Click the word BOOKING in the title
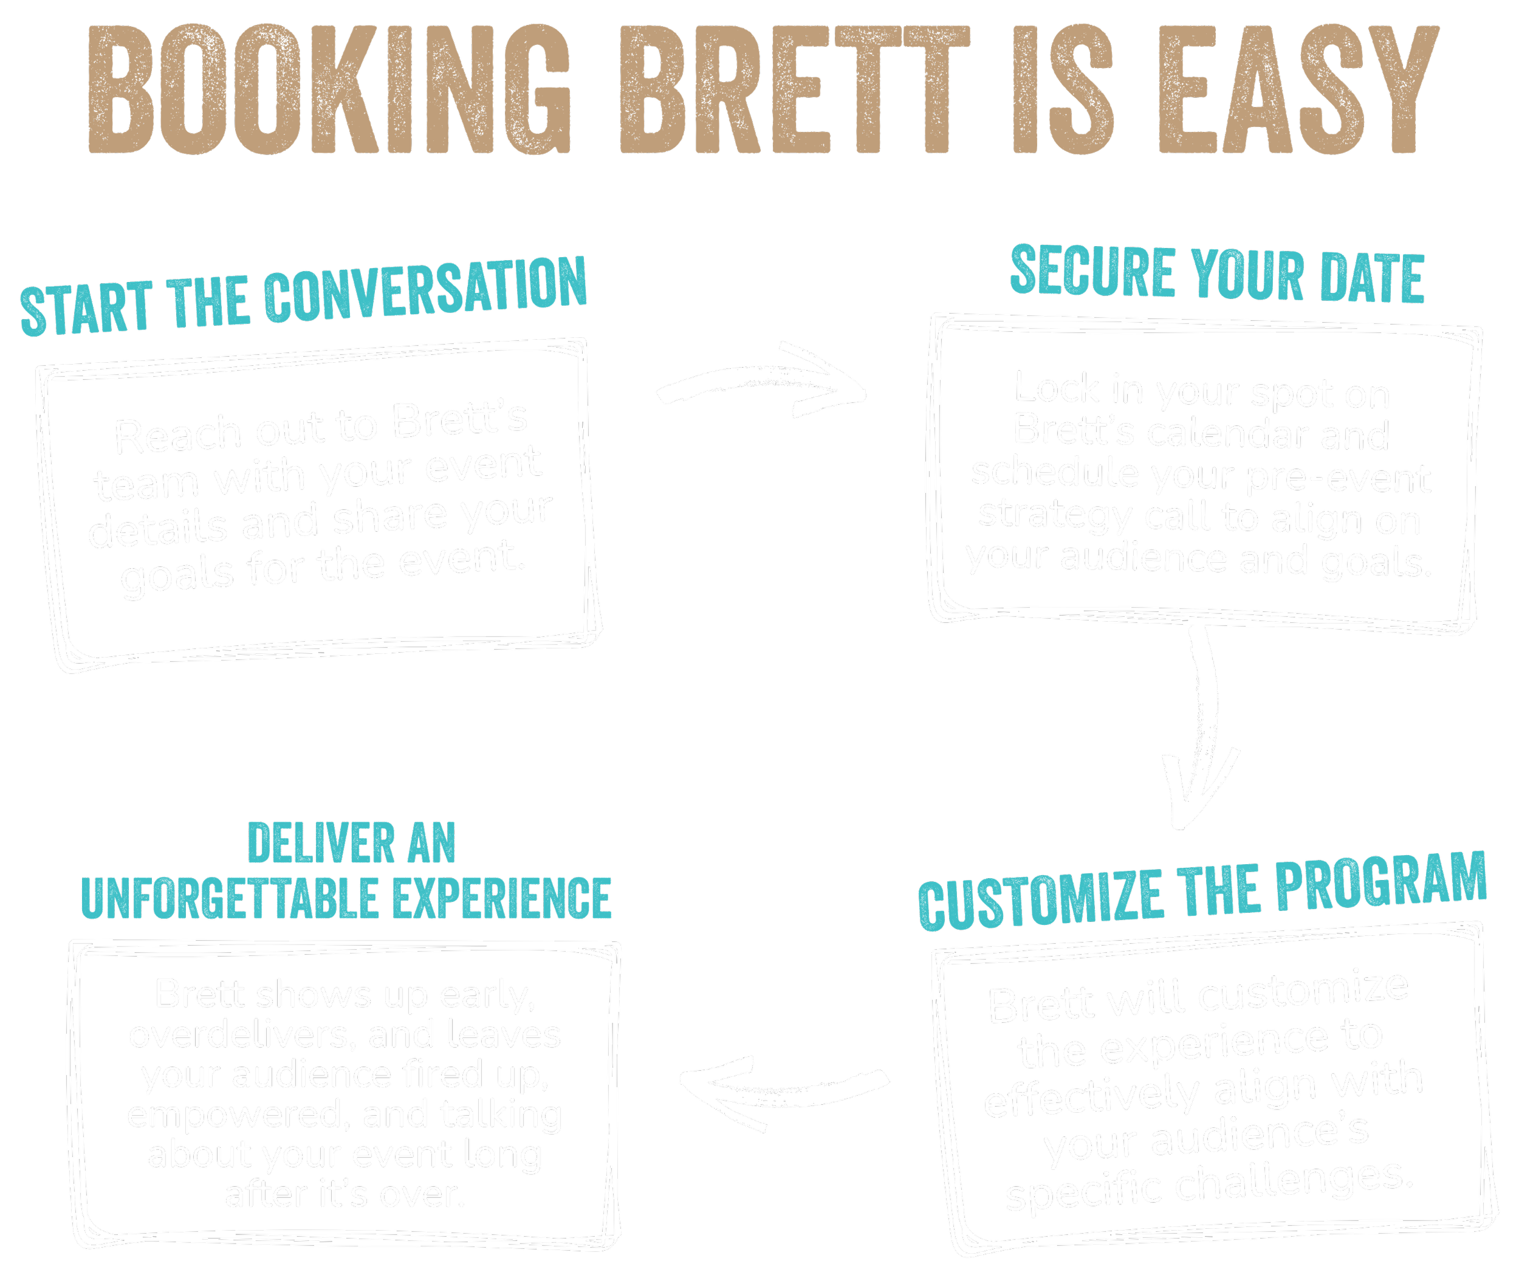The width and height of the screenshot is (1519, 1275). [x=329, y=91]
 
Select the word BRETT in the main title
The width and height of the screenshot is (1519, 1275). [x=796, y=91]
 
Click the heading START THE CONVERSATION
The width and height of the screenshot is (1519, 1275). [x=304, y=297]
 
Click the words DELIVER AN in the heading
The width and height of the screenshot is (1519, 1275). [x=352, y=844]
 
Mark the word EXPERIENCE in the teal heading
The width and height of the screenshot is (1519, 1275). [x=502, y=899]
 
